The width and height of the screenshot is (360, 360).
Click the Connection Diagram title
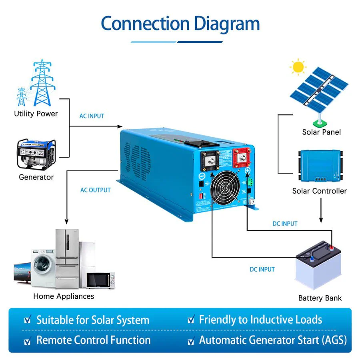pos(180,24)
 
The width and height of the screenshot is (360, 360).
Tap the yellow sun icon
pos(298,67)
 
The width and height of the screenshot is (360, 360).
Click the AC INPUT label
pos(92,116)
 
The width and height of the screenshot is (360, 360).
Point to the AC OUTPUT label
pos(95,190)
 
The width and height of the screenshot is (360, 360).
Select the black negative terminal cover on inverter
pos(209,159)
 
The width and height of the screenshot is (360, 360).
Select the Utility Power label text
pos(36,114)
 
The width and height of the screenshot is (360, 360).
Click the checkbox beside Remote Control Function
pos(27,341)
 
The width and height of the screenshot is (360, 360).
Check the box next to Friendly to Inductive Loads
pos(191,320)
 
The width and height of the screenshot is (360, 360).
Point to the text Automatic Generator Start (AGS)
pos(273,340)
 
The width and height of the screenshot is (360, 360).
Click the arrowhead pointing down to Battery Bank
pos(320,220)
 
